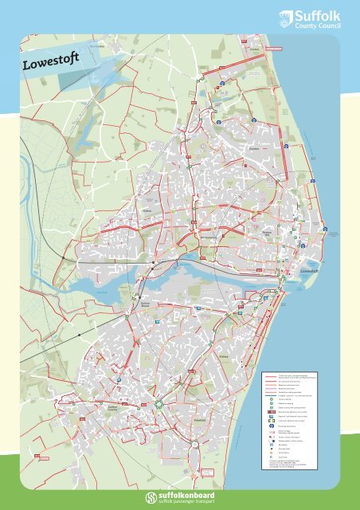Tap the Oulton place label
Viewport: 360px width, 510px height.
pyautogui.click(x=147, y=210)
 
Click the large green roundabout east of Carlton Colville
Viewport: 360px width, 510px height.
pyautogui.click(x=159, y=404)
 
